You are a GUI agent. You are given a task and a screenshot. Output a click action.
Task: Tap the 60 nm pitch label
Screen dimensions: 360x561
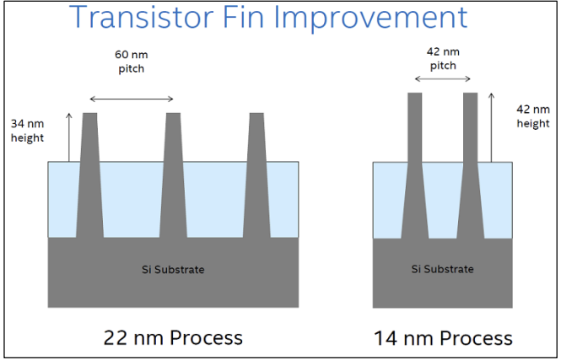[x=130, y=62]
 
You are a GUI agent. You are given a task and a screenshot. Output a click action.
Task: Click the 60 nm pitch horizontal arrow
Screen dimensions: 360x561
[x=131, y=97]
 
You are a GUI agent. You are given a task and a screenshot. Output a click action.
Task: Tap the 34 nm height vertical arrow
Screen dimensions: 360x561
[x=69, y=136]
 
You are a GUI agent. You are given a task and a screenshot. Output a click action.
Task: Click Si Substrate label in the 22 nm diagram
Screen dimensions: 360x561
[x=172, y=270]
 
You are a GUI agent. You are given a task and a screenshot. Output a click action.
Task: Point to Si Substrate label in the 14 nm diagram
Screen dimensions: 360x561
[x=442, y=269]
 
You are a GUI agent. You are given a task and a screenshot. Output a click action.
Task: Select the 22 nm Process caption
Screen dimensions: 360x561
[x=173, y=337]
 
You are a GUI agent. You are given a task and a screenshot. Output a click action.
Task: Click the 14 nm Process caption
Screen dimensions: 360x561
[x=443, y=338]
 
